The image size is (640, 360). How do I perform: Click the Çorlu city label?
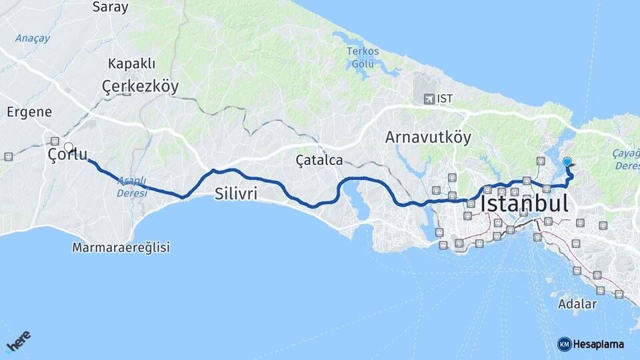(67, 155)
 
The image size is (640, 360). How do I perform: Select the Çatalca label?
(319, 160)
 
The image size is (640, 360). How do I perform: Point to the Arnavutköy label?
(428, 137)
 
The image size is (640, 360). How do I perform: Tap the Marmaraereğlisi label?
(121, 247)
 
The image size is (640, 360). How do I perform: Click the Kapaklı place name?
(131, 64)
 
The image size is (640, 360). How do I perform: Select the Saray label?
(110, 7)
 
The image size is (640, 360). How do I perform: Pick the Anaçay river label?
(32, 38)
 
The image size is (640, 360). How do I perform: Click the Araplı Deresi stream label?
(131, 187)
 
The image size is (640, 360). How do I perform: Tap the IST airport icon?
(429, 99)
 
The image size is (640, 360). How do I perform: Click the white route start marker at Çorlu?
(69, 147)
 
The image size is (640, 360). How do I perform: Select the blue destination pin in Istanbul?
(567, 161)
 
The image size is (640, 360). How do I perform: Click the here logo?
(19, 342)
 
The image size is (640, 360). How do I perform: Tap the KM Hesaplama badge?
(591, 344)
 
